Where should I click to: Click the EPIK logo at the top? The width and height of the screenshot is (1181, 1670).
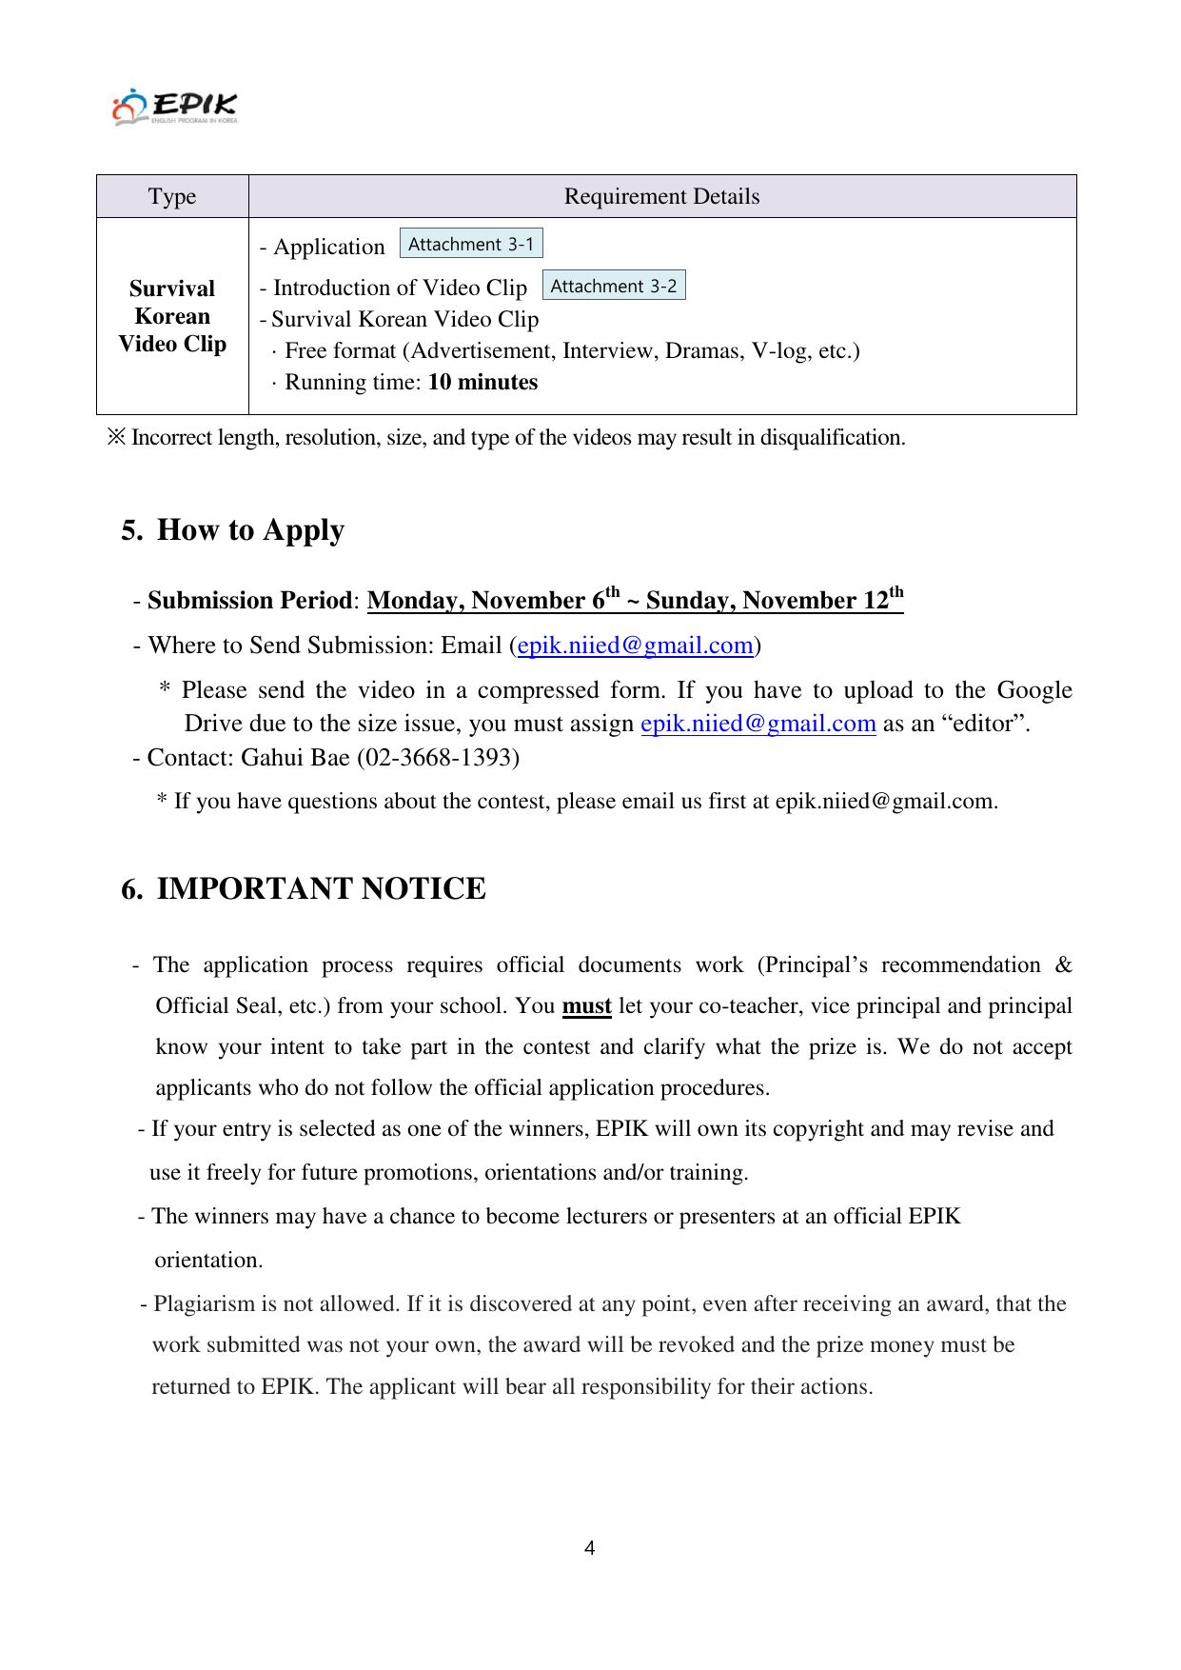tap(175, 107)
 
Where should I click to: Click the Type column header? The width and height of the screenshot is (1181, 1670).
tap(172, 196)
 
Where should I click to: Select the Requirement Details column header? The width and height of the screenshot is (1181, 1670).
tap(661, 196)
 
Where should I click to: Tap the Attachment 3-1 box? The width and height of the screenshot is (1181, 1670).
tap(471, 244)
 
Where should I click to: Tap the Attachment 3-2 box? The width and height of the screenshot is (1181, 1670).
tap(614, 286)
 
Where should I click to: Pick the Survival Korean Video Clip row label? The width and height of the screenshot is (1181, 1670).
tap(172, 316)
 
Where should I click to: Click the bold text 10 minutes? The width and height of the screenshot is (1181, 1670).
tap(482, 382)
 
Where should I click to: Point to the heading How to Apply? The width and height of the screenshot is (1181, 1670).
tap(250, 529)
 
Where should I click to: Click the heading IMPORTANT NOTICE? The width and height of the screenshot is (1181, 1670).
tap(321, 888)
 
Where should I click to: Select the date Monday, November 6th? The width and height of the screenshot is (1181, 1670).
tap(493, 600)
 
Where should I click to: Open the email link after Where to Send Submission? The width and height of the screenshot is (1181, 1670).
tap(635, 646)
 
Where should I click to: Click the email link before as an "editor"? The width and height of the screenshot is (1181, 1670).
tap(758, 724)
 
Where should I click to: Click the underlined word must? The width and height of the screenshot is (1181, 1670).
tap(586, 1006)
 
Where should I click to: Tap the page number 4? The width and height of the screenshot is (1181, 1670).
tap(590, 1548)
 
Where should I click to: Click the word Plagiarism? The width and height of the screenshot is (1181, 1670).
tap(208, 1303)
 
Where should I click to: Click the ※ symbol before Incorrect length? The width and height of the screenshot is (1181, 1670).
tap(116, 437)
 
